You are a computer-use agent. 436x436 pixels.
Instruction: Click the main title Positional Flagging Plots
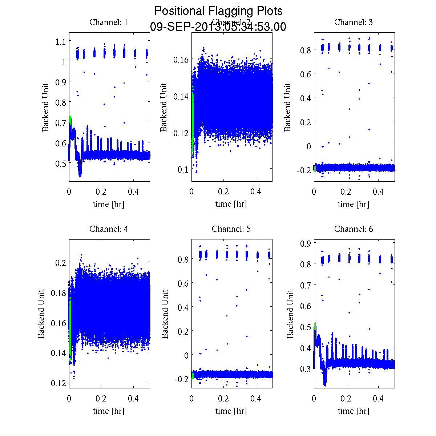tap(218, 11)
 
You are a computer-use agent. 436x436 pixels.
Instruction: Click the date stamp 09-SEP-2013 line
tap(218, 27)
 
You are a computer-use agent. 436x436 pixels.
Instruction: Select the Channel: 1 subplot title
tap(109, 22)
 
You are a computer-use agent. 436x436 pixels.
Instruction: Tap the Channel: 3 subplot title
tap(353, 22)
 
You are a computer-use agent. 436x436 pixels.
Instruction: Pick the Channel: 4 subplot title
tap(109, 229)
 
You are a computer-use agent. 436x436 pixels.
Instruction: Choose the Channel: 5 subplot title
tap(231, 229)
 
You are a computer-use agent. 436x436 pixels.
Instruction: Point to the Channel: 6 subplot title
tap(353, 229)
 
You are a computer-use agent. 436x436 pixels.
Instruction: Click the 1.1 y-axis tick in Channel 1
tap(60, 41)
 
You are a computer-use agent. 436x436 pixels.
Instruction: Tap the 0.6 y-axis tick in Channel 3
tap(305, 74)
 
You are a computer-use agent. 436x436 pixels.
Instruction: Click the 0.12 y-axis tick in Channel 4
tap(58, 383)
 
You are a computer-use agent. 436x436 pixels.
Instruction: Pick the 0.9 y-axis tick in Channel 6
tap(305, 243)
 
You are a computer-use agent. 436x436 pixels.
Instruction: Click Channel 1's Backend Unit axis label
tap(45, 107)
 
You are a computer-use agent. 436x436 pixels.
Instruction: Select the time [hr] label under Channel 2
tap(231, 204)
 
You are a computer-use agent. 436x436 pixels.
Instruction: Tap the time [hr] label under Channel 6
tap(353, 411)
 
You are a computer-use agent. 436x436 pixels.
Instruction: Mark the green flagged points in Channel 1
tap(70, 120)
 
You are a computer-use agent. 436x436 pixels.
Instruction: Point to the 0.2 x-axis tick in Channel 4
tap(101, 399)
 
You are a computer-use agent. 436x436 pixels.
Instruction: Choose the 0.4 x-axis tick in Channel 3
tap(378, 192)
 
